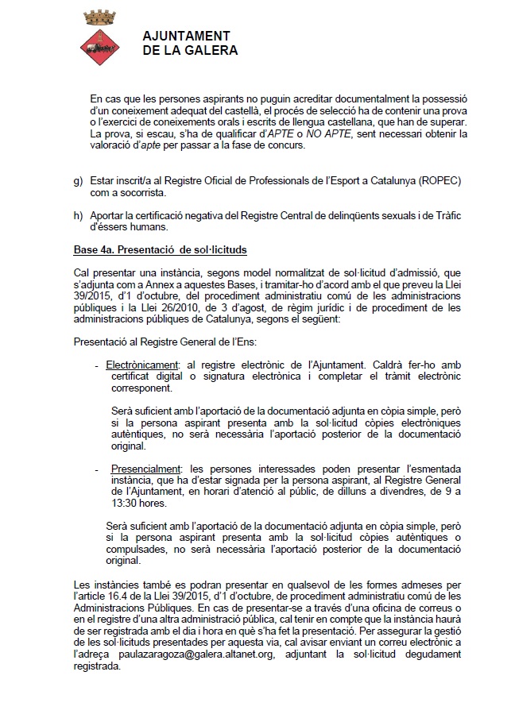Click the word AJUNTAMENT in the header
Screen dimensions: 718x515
pos(186,37)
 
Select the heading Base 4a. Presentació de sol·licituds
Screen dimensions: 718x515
pos(160,250)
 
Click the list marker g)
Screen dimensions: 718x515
pos(78,181)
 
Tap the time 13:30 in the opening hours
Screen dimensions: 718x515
pos(126,503)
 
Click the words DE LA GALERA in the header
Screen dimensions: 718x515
pos(190,51)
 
